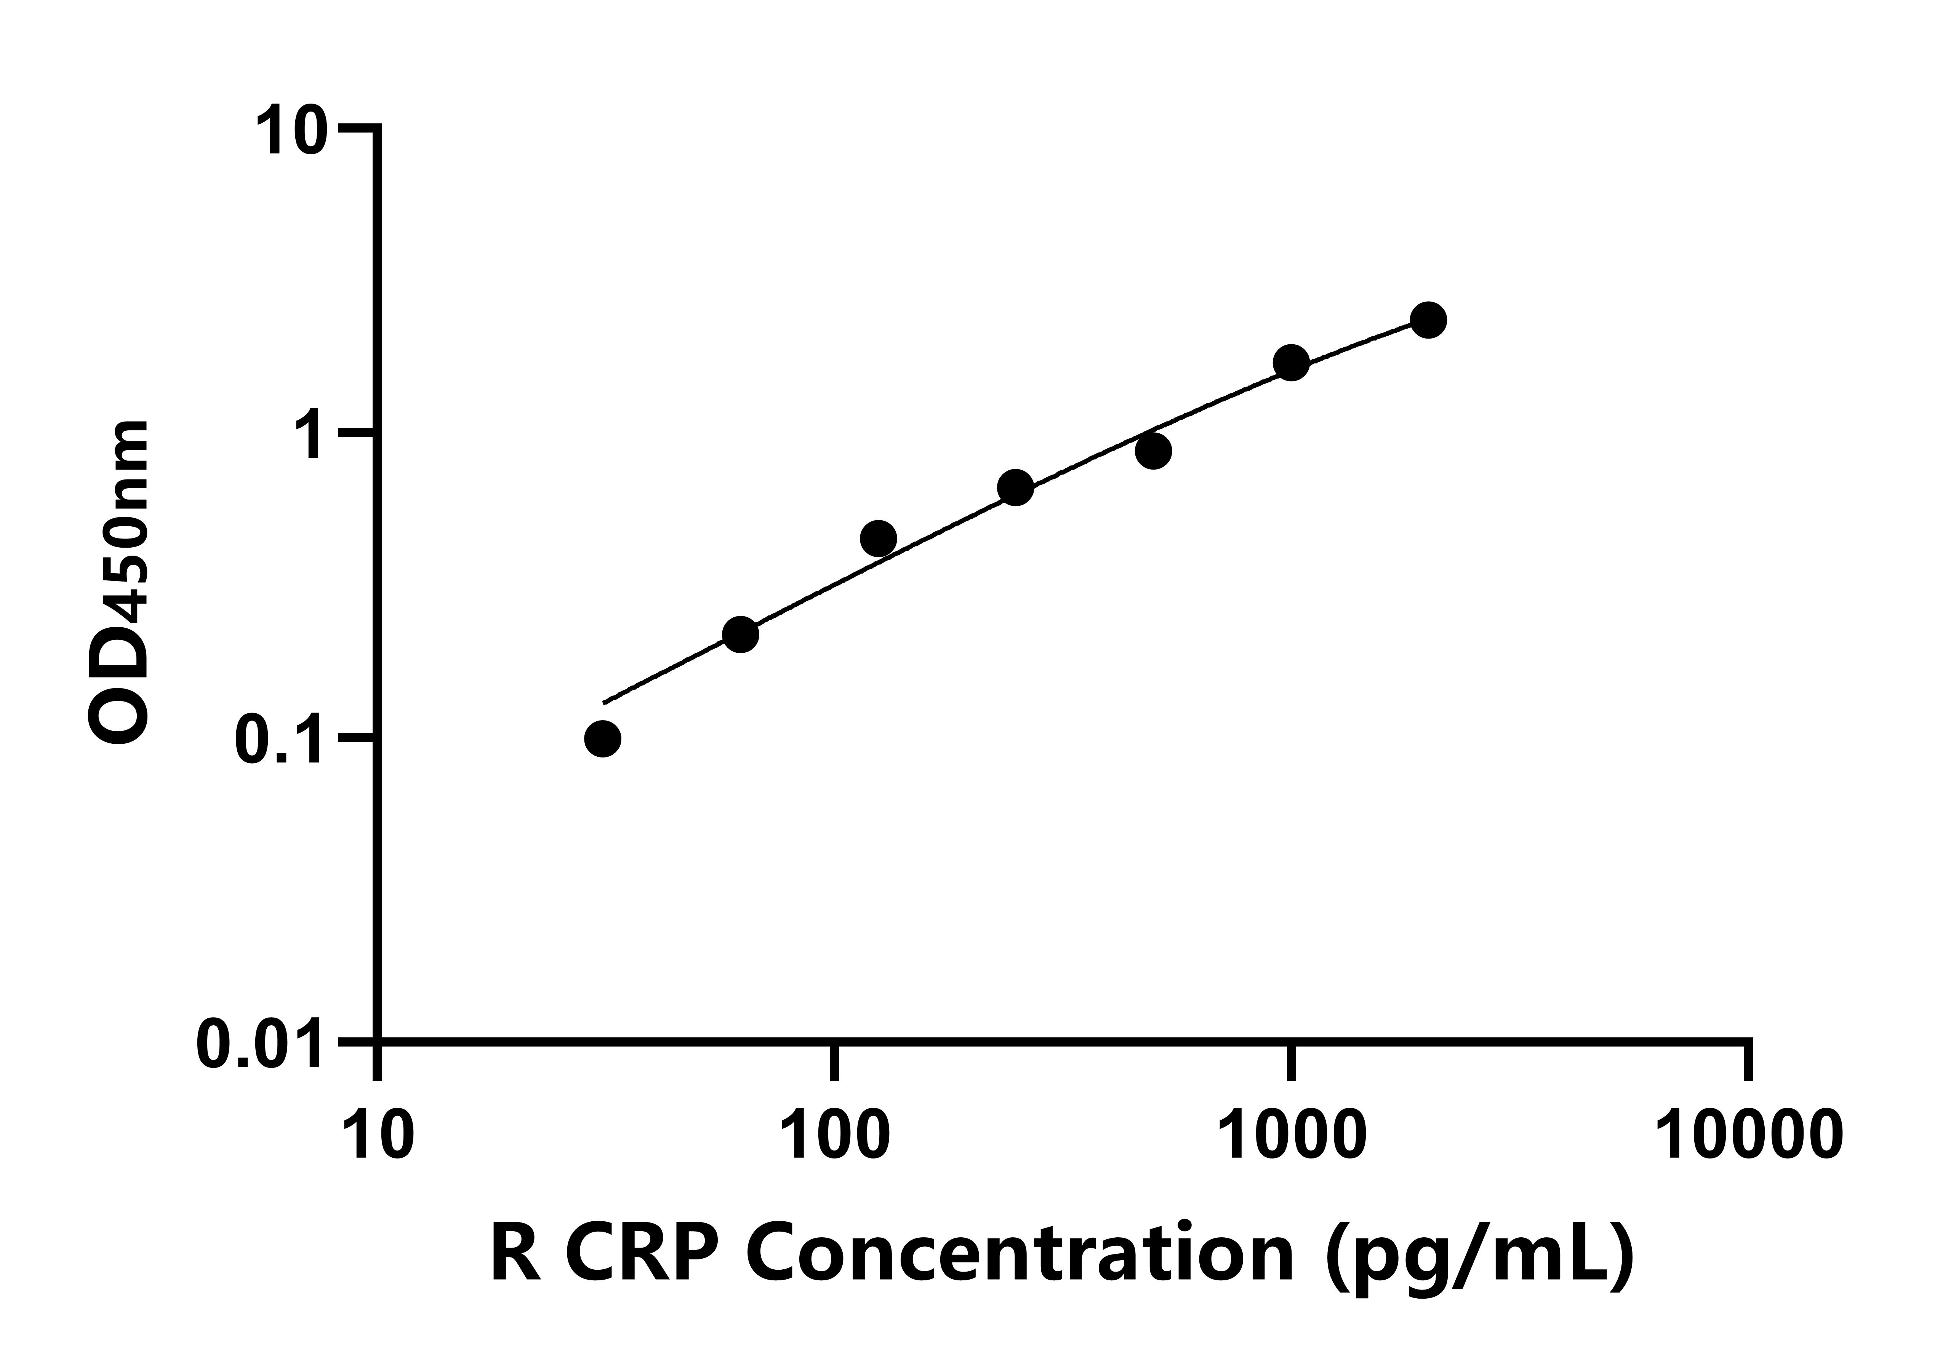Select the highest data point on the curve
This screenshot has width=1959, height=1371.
(x=1428, y=320)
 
